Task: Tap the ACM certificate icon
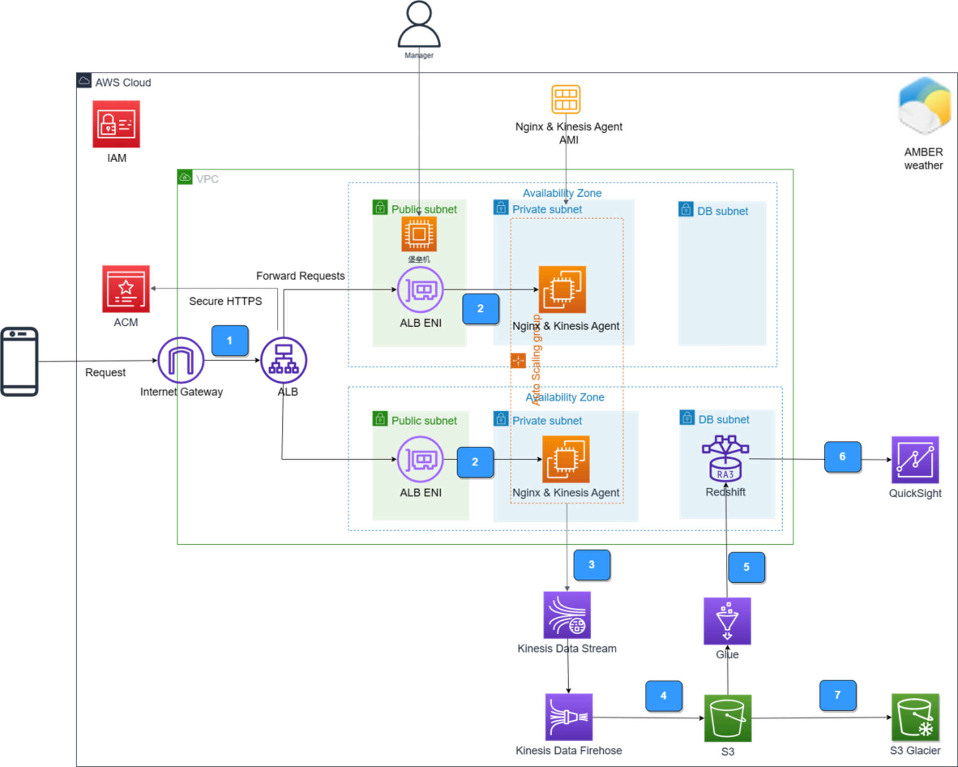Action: (x=126, y=289)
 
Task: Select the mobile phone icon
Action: (x=20, y=361)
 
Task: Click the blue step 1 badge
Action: (x=230, y=340)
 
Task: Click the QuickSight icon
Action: (x=915, y=460)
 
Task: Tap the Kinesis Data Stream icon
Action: (x=567, y=615)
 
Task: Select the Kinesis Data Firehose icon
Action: (x=569, y=717)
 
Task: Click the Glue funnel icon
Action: (x=727, y=621)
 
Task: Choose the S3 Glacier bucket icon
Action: (x=915, y=717)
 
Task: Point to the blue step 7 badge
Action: (x=837, y=695)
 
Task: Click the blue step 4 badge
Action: (x=663, y=696)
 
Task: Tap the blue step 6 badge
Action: (x=842, y=457)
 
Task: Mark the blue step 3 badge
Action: (x=592, y=565)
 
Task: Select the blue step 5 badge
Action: (x=746, y=567)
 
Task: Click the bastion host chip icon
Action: (x=419, y=234)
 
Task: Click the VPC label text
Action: (x=207, y=179)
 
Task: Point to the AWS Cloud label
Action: (x=123, y=83)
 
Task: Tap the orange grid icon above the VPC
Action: (x=566, y=99)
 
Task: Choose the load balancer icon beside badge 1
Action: (x=284, y=360)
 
